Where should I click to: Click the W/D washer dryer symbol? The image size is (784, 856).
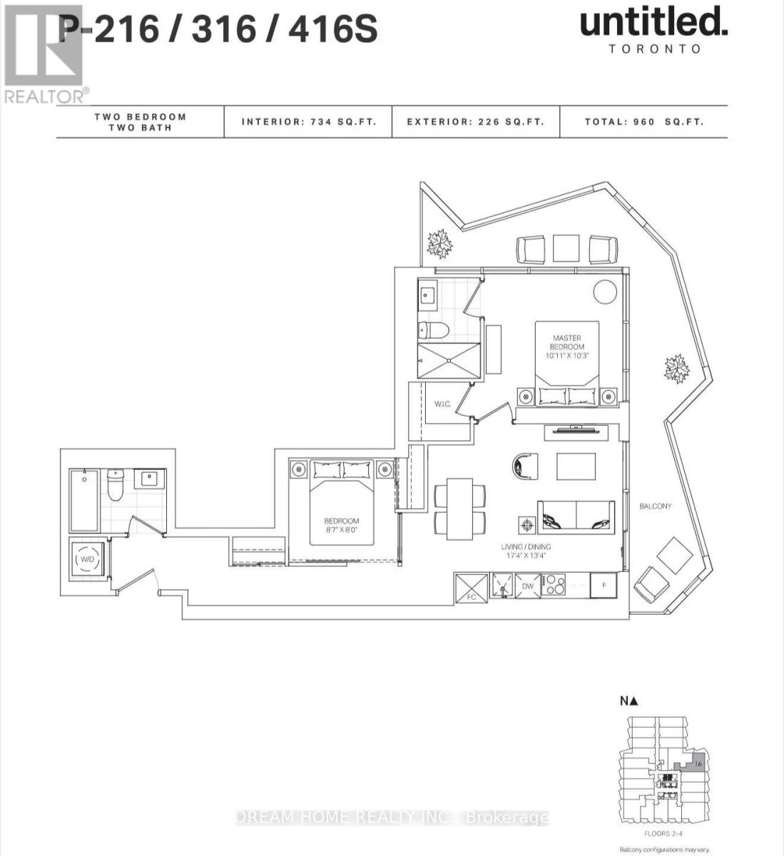(87, 559)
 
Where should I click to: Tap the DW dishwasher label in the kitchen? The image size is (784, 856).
(527, 586)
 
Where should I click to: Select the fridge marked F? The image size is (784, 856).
(604, 586)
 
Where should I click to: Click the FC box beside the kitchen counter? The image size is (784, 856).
(471, 586)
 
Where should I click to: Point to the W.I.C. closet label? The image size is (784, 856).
(442, 404)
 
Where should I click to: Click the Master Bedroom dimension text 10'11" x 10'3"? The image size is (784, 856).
(567, 355)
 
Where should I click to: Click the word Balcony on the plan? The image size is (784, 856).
(655, 506)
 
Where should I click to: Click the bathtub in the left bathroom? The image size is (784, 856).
(84, 500)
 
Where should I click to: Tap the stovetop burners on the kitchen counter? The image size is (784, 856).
(554, 586)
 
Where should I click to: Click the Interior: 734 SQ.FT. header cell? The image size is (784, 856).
(307, 122)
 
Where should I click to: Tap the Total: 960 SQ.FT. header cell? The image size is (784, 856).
(643, 122)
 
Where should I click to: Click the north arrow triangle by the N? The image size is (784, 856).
(633, 701)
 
